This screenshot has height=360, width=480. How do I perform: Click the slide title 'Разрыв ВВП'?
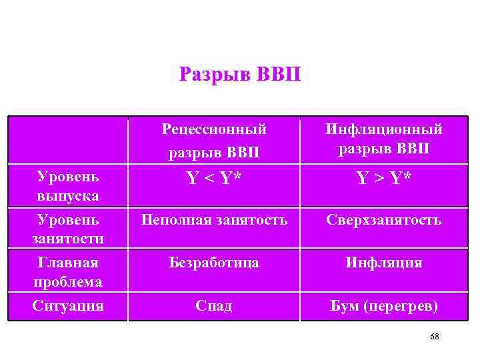click(x=240, y=73)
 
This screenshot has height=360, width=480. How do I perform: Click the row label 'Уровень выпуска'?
click(x=69, y=186)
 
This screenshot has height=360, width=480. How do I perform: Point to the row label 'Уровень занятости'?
click(x=69, y=229)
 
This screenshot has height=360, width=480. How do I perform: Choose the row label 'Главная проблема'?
click(x=69, y=272)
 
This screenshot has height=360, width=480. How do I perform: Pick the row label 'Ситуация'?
click(x=69, y=306)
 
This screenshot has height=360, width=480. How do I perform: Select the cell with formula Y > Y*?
click(x=383, y=179)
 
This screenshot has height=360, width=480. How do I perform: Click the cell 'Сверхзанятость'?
click(x=383, y=219)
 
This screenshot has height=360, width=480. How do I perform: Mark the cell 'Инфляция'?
click(x=383, y=263)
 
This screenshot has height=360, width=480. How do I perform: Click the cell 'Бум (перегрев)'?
click(x=383, y=306)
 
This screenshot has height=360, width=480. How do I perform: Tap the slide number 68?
click(x=435, y=337)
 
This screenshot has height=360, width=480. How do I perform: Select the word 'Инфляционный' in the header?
click(x=383, y=129)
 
